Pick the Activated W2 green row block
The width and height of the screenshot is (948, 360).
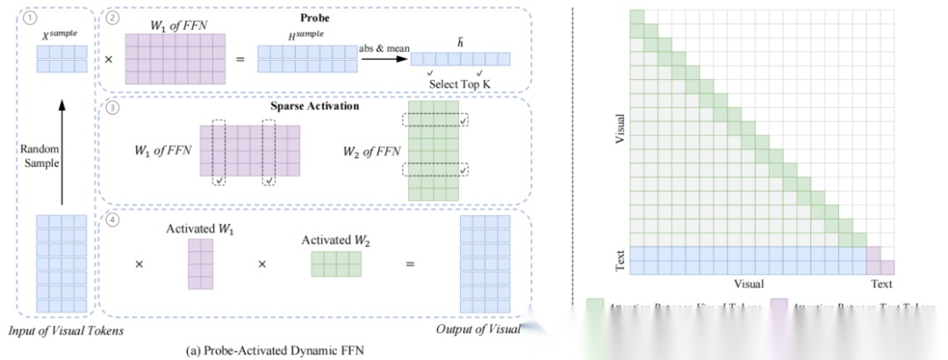(x=335, y=264)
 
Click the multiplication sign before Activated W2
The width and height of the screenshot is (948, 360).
(x=261, y=263)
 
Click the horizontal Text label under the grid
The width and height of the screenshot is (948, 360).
(x=880, y=284)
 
